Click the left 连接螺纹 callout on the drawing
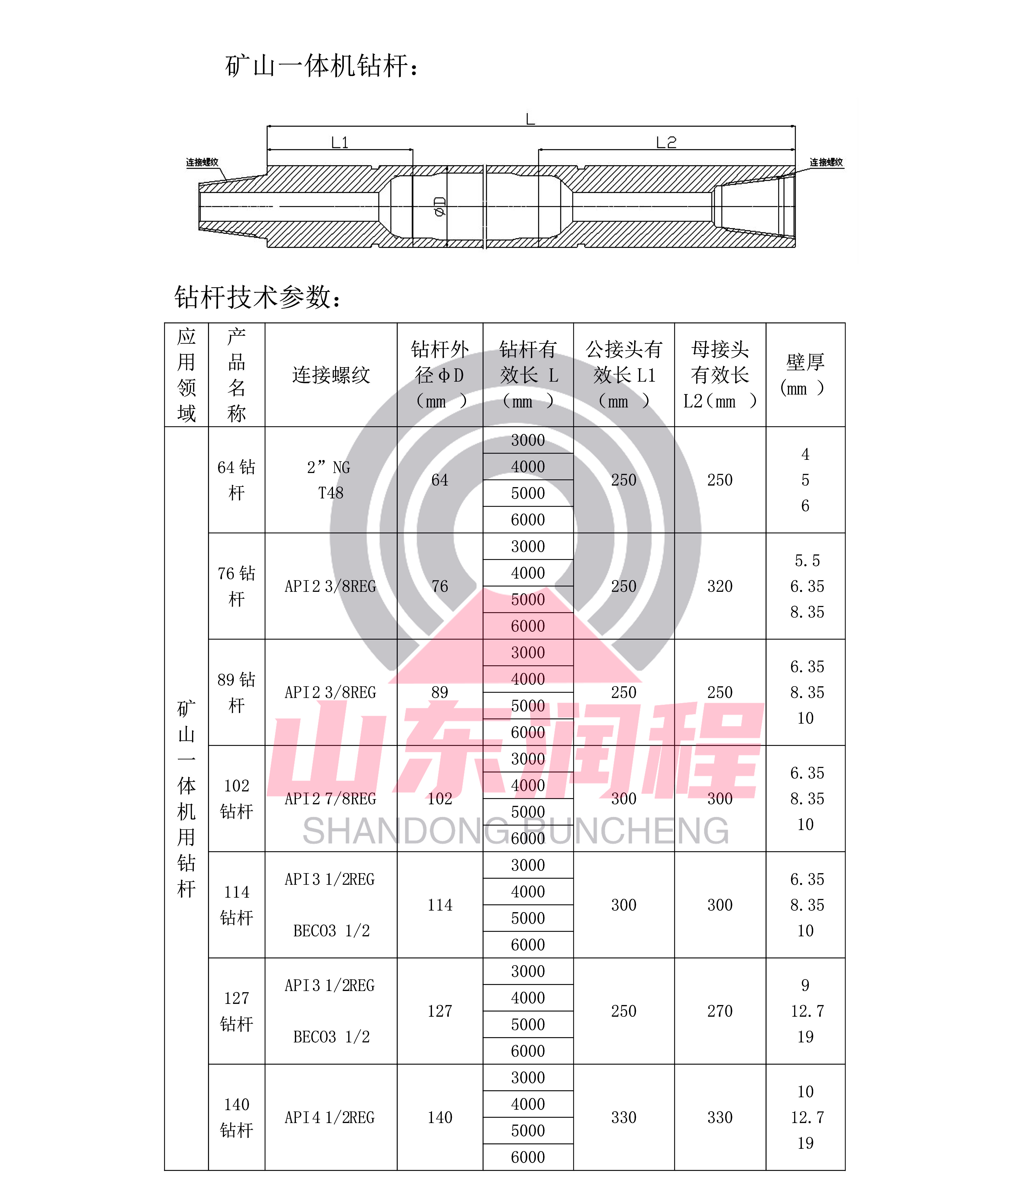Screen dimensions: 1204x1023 coord(202,162)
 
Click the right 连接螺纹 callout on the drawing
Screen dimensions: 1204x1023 coord(826,162)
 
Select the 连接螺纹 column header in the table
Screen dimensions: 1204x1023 coord(330,375)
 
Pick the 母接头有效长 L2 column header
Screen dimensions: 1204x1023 coord(720,375)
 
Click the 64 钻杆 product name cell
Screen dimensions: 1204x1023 coord(236,480)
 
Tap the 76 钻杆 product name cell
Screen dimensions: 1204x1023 coord(236,586)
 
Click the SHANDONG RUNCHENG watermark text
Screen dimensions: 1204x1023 coord(515,831)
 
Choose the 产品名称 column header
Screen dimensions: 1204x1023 coord(236,375)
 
